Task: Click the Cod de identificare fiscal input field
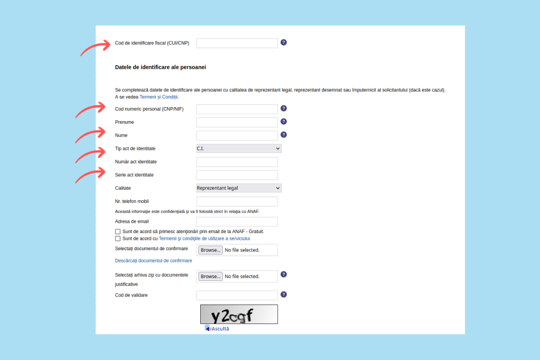tap(237, 43)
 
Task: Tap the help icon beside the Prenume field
tap(283, 121)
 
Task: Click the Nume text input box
tap(237, 135)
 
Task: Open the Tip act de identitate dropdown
tap(239, 148)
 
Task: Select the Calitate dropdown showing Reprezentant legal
tap(239, 188)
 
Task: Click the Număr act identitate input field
tap(237, 162)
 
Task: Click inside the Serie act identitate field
tap(237, 175)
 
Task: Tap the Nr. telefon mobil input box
tap(237, 202)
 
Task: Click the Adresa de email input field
tap(237, 222)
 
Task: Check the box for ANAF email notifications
tap(118, 232)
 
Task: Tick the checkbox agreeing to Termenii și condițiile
tap(118, 238)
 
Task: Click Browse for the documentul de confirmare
tap(211, 250)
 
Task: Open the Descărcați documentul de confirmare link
tap(153, 261)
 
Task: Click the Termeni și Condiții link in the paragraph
tap(159, 97)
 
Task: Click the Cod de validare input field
tap(237, 295)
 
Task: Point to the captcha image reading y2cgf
tap(239, 314)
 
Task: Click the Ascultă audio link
tap(220, 329)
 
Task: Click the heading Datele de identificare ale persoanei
tap(160, 67)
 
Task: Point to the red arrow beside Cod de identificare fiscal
tap(95, 47)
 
